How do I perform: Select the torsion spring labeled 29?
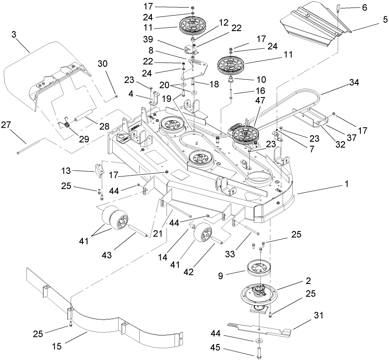point(64,124)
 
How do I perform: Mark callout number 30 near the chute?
point(102,63)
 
